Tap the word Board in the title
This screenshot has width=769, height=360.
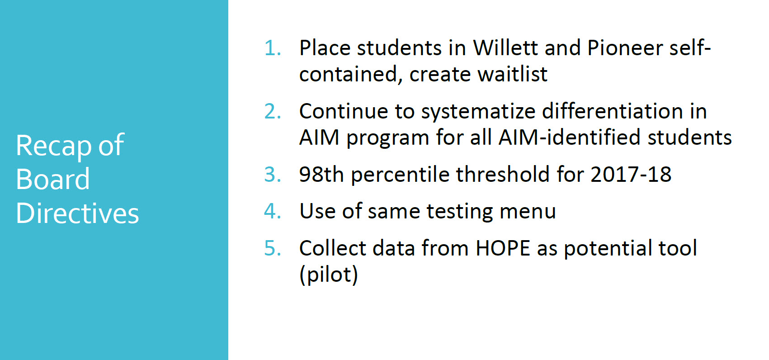[x=53, y=179]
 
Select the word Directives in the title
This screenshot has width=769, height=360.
[x=77, y=213]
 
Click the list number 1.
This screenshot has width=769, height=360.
[x=272, y=48]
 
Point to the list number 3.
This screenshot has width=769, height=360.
[x=272, y=174]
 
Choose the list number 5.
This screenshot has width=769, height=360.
[x=272, y=248]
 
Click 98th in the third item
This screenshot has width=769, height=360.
[x=321, y=174]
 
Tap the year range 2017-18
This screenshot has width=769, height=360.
[x=631, y=174]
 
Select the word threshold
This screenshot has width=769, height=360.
[x=503, y=174]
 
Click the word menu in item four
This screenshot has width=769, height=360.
[x=528, y=211]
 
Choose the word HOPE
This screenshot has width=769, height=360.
[x=503, y=248]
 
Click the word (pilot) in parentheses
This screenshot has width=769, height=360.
[x=329, y=275]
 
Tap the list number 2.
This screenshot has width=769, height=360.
[x=272, y=111]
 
